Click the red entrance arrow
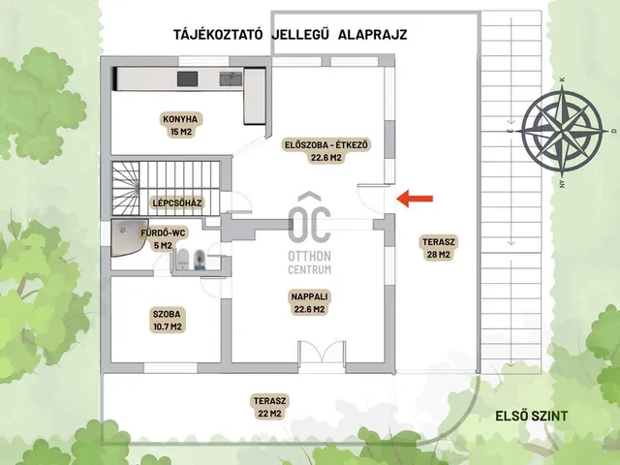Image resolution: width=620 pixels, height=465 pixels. (415, 199)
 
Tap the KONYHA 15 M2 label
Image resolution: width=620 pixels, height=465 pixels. (180, 125)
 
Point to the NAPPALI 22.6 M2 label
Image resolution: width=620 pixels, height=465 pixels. (309, 302)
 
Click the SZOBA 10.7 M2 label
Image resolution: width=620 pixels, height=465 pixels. (167, 321)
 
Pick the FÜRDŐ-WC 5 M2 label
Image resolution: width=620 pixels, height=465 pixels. (163, 239)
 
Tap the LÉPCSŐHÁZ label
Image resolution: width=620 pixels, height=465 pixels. (177, 203)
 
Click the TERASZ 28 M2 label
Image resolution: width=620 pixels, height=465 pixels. (439, 248)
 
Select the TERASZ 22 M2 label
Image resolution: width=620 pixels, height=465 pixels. (269, 407)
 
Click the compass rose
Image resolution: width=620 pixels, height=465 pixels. (562, 130)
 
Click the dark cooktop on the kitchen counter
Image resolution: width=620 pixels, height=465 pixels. (187, 78)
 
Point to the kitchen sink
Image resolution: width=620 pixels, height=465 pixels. (231, 79)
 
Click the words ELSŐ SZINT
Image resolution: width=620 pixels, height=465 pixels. (532, 416)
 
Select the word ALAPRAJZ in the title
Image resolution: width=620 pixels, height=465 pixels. (372, 35)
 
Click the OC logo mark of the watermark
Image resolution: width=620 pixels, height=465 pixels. (309, 217)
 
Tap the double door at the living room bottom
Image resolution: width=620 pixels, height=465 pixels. (322, 352)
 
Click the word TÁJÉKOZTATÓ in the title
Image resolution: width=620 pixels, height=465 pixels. (218, 35)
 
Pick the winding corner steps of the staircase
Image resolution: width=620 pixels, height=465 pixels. (125, 188)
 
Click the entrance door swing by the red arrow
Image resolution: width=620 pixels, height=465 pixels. (371, 199)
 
